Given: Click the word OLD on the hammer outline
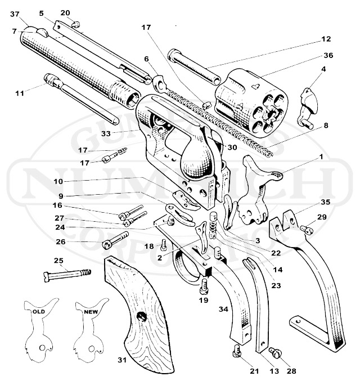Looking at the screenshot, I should click(38, 311).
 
